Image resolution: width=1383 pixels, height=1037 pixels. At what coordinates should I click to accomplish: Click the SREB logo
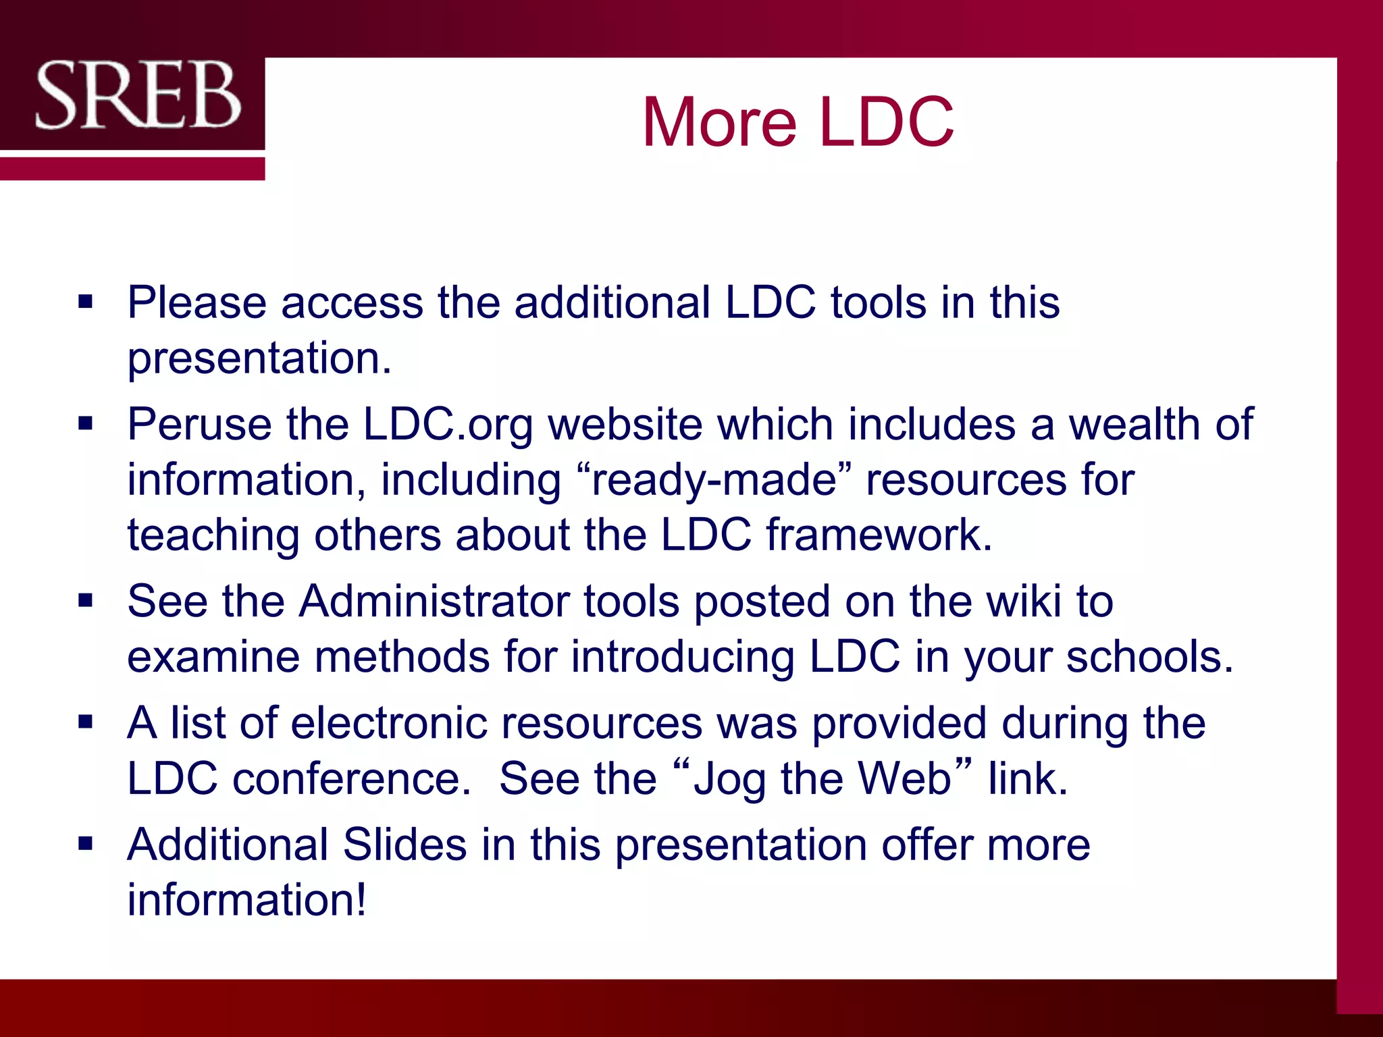(138, 95)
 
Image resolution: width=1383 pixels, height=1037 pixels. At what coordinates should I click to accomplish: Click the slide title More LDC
(798, 122)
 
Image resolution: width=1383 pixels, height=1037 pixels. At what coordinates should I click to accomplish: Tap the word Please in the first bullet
(197, 302)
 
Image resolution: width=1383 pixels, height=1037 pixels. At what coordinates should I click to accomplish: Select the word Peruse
(199, 425)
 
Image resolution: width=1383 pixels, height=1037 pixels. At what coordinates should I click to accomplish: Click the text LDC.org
(448, 425)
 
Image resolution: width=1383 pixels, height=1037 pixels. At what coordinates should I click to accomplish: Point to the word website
(625, 425)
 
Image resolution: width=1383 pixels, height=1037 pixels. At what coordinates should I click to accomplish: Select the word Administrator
(434, 601)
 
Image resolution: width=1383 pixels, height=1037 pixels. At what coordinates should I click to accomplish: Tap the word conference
(351, 778)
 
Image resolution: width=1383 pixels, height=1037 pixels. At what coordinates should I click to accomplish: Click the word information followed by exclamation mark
(246, 900)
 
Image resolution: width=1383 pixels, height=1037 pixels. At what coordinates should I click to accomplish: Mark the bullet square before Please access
(85, 301)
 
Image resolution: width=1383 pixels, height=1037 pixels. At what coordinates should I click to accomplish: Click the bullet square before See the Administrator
(85, 600)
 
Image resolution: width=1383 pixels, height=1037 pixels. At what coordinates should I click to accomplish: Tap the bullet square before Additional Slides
(85, 843)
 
